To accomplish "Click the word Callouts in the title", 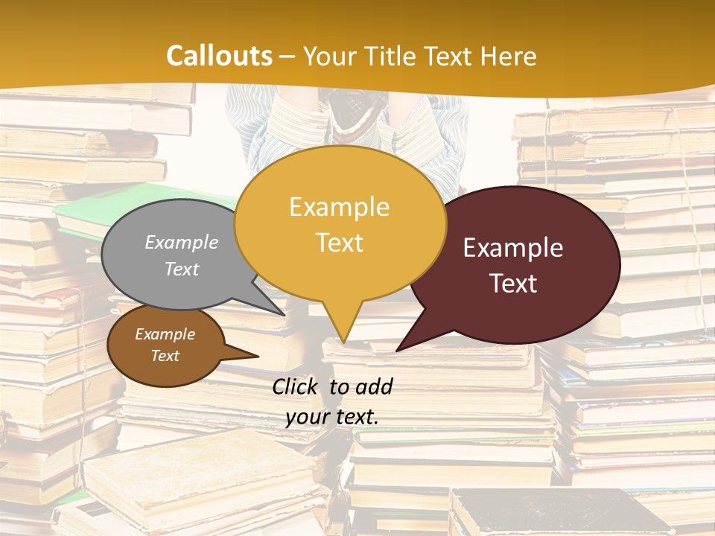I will (219, 56).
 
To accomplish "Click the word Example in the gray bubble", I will (182, 242).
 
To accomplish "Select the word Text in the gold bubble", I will (340, 243).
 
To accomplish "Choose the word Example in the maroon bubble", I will (513, 248).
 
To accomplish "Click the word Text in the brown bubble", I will (165, 356).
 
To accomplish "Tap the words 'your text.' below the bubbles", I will (331, 417).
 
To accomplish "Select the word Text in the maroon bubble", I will (513, 284).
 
